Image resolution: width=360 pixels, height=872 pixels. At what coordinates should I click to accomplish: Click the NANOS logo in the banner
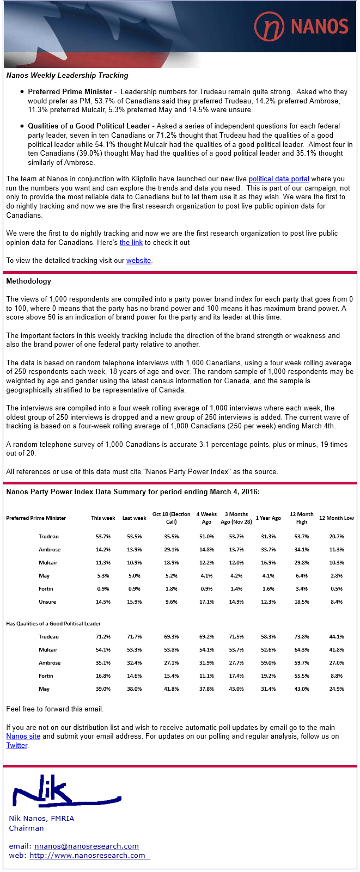[301, 26]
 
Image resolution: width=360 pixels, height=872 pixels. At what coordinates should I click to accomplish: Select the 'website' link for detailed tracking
[138, 261]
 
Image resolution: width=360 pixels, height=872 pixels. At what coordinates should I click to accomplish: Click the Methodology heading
[28, 281]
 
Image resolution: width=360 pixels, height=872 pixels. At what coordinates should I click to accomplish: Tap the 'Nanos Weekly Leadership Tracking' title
[67, 76]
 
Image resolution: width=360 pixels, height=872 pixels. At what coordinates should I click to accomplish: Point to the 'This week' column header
[103, 518]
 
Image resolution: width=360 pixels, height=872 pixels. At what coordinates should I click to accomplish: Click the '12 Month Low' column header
[336, 518]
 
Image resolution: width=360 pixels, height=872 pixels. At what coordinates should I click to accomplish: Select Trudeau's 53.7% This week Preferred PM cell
[103, 537]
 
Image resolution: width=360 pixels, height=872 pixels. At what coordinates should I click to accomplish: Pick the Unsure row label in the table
[47, 602]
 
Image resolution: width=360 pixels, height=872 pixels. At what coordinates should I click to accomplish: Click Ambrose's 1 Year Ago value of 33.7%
[268, 550]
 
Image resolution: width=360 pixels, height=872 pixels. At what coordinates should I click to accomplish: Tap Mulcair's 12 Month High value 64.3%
[301, 650]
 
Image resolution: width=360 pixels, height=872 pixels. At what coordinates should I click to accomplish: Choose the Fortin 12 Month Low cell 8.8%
[337, 676]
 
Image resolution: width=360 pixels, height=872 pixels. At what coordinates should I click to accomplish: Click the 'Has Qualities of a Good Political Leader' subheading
[53, 624]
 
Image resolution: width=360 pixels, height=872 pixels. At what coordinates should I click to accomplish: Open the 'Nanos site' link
[23, 736]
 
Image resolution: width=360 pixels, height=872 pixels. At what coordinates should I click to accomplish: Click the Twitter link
[17, 746]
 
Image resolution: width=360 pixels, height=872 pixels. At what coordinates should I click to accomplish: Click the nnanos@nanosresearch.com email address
[87, 846]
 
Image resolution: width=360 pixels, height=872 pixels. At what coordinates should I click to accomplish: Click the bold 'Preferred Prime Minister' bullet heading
[70, 92]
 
